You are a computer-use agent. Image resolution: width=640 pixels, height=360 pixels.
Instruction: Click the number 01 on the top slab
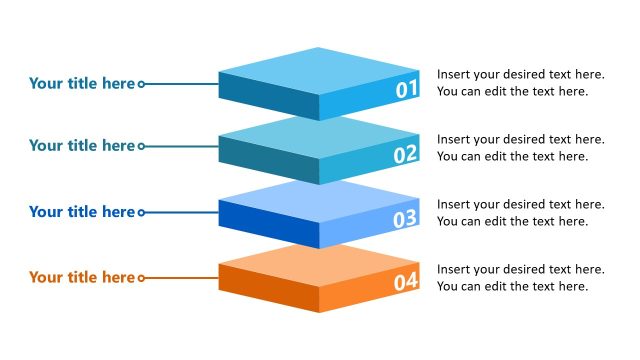pyautogui.click(x=406, y=90)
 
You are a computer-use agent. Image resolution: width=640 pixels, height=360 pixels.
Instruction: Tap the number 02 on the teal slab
pyautogui.click(x=405, y=154)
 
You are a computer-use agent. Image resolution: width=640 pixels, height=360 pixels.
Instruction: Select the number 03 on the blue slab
pyautogui.click(x=405, y=219)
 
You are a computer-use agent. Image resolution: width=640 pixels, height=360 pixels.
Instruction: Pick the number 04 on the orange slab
pyautogui.click(x=405, y=282)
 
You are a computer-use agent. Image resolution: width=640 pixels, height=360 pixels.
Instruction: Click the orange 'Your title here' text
pyautogui.click(x=81, y=277)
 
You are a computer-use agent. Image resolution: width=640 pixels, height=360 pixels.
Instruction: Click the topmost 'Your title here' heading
pyautogui.click(x=81, y=84)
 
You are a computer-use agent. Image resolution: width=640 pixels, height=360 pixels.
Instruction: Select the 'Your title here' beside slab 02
pyautogui.click(x=81, y=146)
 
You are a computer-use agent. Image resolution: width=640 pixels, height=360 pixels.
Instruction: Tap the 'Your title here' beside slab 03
pyautogui.click(x=81, y=212)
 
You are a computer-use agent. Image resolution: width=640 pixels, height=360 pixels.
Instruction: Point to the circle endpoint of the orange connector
pyautogui.click(x=141, y=278)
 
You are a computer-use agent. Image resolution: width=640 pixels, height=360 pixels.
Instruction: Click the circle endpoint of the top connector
pyautogui.click(x=141, y=85)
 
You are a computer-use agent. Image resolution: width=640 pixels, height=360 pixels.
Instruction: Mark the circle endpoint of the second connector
pyautogui.click(x=141, y=147)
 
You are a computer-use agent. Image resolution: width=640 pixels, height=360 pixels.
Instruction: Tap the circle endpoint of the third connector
pyautogui.click(x=141, y=213)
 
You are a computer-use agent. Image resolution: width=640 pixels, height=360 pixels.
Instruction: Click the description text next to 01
pyautogui.click(x=520, y=83)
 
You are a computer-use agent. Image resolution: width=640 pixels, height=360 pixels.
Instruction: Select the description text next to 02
pyautogui.click(x=520, y=147)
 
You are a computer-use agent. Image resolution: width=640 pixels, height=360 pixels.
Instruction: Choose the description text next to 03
pyautogui.click(x=520, y=212)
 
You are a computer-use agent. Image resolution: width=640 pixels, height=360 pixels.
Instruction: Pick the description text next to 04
pyautogui.click(x=520, y=277)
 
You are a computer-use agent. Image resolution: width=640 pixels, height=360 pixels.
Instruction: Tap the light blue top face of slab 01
pyautogui.click(x=318, y=71)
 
